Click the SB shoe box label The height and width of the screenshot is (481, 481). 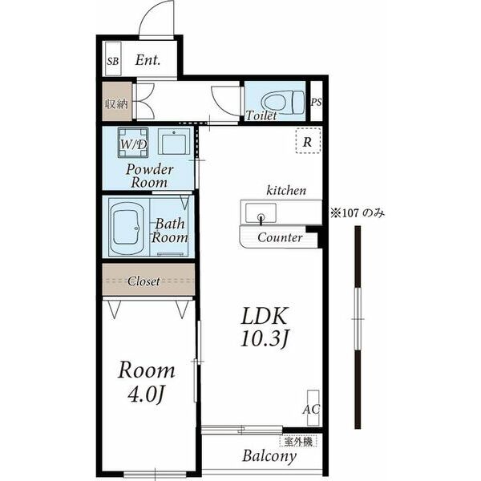pos(113,62)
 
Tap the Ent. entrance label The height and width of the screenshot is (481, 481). pos(148,60)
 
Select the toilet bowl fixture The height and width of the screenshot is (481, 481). pos(283,102)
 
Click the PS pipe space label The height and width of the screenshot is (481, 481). pos(317,102)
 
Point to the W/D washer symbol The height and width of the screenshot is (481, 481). pos(133,143)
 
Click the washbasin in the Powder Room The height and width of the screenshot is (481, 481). pos(174,141)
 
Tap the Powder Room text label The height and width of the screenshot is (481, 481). pos(149,176)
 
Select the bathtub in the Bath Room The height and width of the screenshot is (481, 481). pos(127,228)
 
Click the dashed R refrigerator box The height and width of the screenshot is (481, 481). pos(308,141)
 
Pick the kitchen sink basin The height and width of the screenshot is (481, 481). pos(261,213)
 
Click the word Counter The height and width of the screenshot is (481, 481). pos(280,237)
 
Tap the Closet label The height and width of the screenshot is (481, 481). pos(143,281)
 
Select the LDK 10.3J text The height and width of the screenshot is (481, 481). pos(265,327)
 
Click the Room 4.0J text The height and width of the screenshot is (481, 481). pos(147,382)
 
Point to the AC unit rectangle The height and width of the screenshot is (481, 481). pos(313,408)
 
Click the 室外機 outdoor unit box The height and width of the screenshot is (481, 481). pos(298,442)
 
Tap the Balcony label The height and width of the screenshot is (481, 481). pos(269,456)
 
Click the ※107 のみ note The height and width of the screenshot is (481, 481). pos(358,212)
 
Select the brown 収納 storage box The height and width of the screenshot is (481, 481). pos(117,102)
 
